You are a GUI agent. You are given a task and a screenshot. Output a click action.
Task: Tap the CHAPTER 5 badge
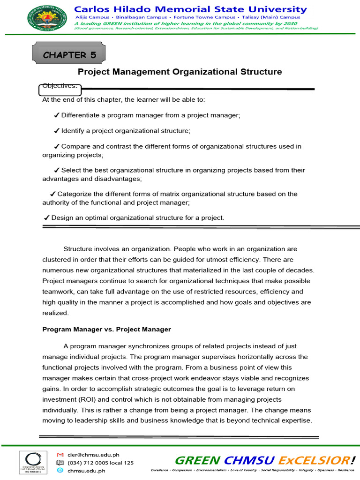[x=69, y=55]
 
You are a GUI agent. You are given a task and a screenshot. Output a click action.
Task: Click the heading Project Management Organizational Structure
[x=180, y=72]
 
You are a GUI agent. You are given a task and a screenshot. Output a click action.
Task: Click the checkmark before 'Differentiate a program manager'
[x=56, y=115]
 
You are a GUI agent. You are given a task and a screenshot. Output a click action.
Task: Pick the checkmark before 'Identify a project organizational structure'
[x=56, y=131]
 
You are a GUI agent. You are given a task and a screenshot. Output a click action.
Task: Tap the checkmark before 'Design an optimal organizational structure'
[x=46, y=217]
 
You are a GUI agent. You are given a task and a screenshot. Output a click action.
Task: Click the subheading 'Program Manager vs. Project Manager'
[x=107, y=330]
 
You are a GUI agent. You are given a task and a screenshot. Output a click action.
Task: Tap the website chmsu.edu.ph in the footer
[x=86, y=471]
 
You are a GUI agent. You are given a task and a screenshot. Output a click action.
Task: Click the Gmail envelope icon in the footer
[x=60, y=455]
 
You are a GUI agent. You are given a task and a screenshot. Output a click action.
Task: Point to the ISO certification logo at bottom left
[x=32, y=463]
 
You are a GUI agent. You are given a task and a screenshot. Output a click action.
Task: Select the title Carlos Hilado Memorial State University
[x=190, y=9]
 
